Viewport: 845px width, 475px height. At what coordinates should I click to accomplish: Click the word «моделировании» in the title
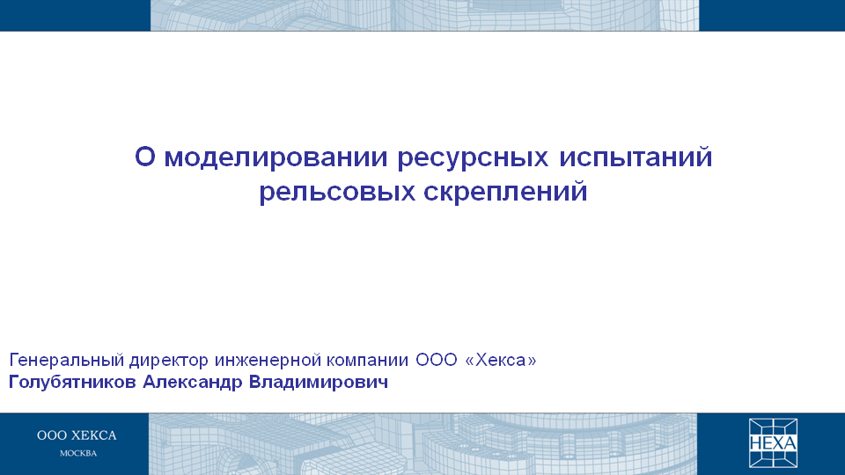pos(276,157)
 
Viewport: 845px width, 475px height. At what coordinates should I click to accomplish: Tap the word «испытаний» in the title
pos(636,158)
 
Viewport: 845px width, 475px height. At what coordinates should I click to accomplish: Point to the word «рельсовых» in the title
pos(337,193)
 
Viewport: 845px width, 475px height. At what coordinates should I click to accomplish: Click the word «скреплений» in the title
pos(505,191)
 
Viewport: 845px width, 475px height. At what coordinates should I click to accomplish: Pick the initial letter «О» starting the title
pos(145,157)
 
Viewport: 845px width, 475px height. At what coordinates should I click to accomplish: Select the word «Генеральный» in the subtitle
pos(67,360)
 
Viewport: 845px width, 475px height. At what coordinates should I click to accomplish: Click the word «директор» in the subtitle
pos(168,361)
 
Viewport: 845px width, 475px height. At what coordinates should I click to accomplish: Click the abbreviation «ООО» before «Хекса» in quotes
pos(436,360)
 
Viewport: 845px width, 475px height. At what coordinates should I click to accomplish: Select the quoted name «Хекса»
pos(501,360)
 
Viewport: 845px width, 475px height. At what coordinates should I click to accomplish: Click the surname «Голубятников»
pos(72,383)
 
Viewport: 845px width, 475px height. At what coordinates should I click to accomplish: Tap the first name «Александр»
pos(193,383)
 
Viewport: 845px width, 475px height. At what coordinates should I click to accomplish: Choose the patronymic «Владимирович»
pos(319,382)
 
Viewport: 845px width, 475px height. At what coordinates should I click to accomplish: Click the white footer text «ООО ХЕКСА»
pos(77,435)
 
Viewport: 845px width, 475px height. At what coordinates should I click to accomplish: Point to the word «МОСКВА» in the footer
pos(78,454)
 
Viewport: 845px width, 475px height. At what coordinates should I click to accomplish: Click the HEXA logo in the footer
pos(774,442)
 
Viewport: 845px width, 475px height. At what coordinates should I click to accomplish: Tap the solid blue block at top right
pos(772,15)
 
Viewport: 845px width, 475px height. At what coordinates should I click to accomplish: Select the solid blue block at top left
pos(75,15)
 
